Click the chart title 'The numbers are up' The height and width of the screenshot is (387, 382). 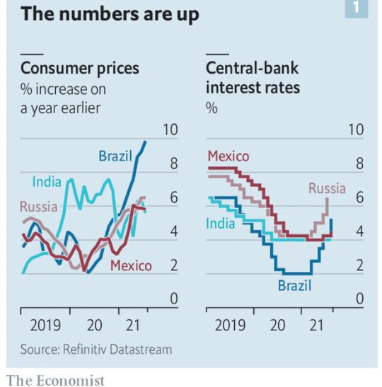(110, 14)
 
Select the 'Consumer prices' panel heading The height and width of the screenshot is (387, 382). (80, 69)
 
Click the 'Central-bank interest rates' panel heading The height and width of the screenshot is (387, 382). (253, 77)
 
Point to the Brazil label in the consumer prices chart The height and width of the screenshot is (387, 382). (115, 156)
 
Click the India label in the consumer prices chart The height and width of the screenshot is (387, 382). (47, 183)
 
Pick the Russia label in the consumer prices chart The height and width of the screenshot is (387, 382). (38, 207)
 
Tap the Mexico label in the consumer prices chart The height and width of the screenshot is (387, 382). (131, 266)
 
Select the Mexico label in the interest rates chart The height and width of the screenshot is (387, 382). (228, 156)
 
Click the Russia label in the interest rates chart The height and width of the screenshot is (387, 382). (327, 188)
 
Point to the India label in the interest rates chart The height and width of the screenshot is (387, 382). (220, 224)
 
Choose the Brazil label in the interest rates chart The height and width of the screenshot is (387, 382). (294, 286)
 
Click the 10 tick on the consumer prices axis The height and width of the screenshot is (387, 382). (170, 130)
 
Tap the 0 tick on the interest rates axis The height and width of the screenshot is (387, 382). (359, 300)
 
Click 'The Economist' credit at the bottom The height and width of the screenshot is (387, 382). (55, 380)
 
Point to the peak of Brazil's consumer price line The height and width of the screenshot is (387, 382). (146, 141)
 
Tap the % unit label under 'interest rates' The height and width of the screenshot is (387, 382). (211, 108)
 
